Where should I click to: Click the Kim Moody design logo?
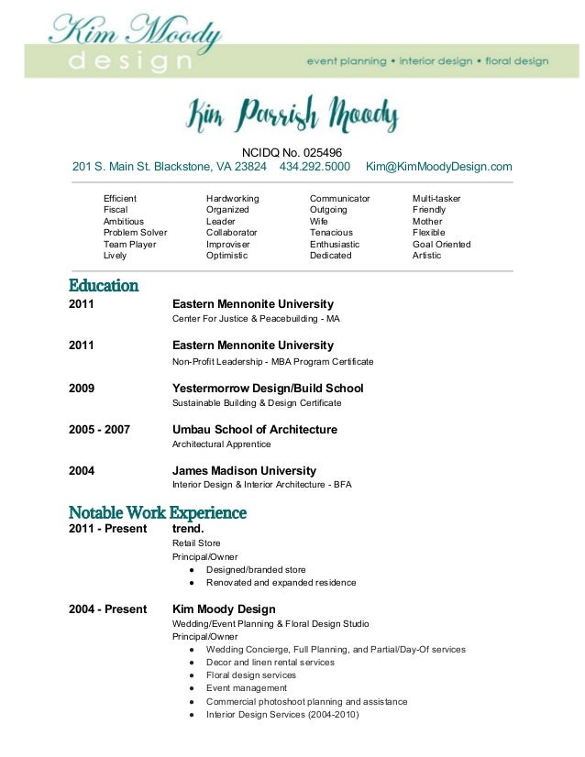(x=136, y=43)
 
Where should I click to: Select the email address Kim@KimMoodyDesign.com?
(x=438, y=167)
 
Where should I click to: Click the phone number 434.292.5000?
(x=315, y=167)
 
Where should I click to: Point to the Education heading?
(x=104, y=286)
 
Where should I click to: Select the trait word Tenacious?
(x=331, y=233)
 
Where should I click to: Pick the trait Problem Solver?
(x=135, y=233)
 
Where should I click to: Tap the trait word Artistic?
(x=426, y=256)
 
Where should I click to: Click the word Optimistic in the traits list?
(x=226, y=256)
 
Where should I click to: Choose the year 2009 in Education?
(x=82, y=388)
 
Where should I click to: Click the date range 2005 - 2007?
(x=99, y=430)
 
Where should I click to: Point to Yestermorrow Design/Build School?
(x=268, y=388)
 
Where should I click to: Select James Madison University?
(x=244, y=471)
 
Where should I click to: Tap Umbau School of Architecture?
(x=255, y=430)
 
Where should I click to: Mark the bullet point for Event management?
(x=191, y=688)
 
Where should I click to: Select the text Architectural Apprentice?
(x=222, y=444)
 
